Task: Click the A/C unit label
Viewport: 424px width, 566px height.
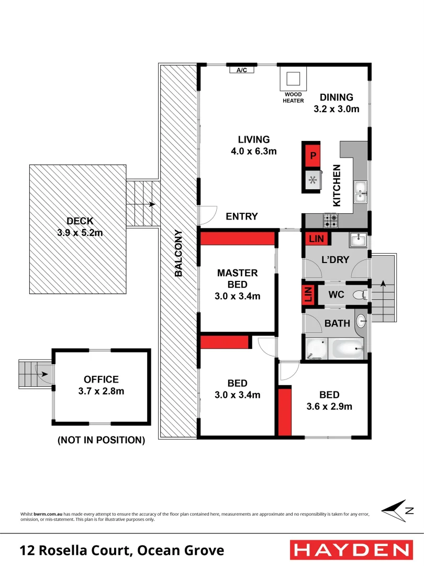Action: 242,70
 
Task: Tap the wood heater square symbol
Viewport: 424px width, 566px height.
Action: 293,79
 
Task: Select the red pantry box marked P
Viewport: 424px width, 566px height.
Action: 313,156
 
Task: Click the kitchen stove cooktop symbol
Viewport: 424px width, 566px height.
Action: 330,221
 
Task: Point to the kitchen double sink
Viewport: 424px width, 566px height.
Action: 361,192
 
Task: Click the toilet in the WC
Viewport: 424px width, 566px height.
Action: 359,295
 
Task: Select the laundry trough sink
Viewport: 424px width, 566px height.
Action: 357,240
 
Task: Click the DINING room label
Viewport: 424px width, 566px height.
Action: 337,97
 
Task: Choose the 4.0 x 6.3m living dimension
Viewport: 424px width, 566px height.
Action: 254,151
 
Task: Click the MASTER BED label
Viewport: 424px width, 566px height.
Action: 238,278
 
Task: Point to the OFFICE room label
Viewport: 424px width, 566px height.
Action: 101,379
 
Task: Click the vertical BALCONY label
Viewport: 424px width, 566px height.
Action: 178,253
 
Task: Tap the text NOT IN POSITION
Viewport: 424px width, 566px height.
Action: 101,440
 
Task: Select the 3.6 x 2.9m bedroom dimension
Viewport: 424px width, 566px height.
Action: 329,406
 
